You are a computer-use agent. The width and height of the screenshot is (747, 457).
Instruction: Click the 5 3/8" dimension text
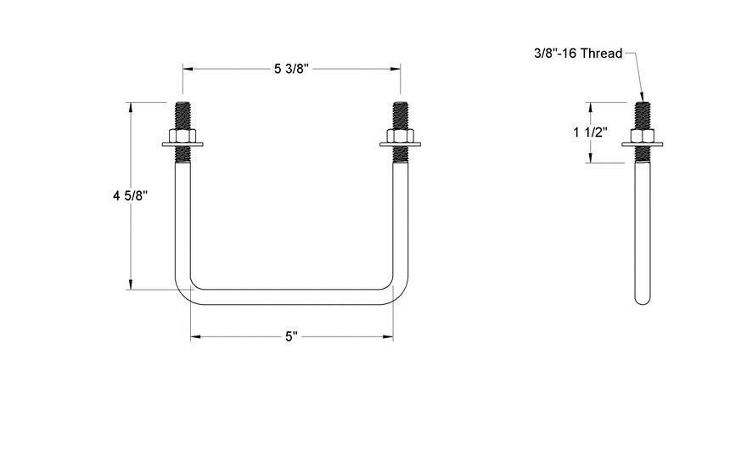click(291, 69)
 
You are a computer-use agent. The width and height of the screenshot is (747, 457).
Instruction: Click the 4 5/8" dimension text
click(131, 195)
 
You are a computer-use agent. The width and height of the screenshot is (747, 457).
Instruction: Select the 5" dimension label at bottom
click(291, 337)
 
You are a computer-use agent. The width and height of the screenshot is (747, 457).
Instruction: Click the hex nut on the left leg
click(183, 137)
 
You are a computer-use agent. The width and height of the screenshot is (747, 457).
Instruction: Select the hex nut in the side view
click(643, 136)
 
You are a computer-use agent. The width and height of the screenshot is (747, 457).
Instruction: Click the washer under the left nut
click(183, 146)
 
